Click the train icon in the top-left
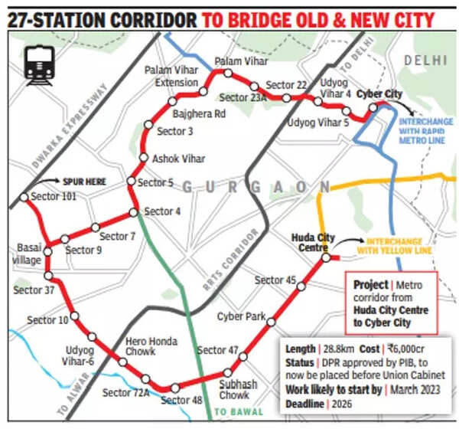tap(39, 65)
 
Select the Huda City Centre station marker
tap(325, 258)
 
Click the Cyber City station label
tap(380, 93)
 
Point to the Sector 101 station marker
tap(24, 197)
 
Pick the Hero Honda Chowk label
tap(152, 347)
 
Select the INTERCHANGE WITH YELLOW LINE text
tap(393, 246)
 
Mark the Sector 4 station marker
tap(133, 211)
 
